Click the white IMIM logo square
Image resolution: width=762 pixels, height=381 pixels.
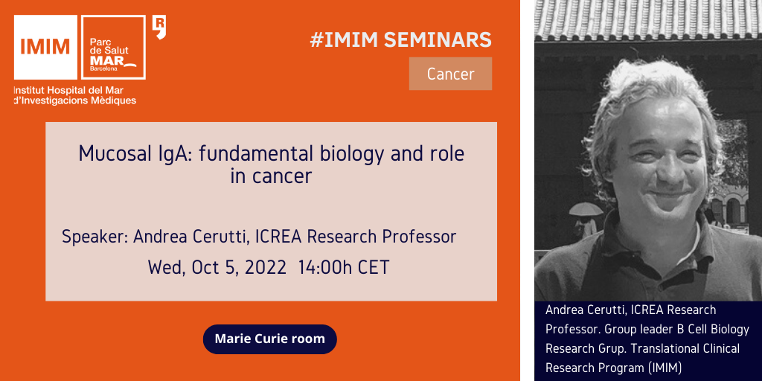tap(45, 47)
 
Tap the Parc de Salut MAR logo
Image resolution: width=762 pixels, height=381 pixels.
tap(114, 47)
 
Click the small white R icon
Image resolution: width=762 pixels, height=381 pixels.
tap(159, 28)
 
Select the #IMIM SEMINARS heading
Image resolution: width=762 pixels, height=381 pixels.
tap(401, 40)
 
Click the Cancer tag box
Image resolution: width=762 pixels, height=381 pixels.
tap(450, 74)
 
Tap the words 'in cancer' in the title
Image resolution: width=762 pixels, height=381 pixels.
tap(271, 176)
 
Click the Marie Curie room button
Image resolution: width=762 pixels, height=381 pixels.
tap(269, 339)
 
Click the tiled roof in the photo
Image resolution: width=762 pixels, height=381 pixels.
tap(648, 20)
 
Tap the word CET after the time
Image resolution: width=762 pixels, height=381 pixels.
tap(374, 267)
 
